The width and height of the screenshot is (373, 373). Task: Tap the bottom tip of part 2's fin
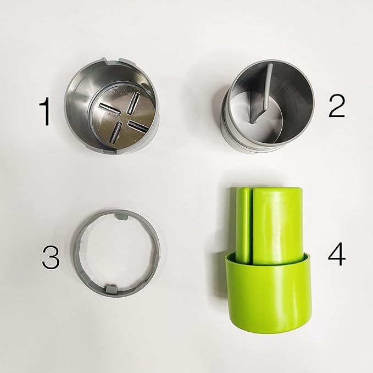[x=254, y=119]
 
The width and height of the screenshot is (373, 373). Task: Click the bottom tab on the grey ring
[x=112, y=288]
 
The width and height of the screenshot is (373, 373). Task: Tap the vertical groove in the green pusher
[x=252, y=225]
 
